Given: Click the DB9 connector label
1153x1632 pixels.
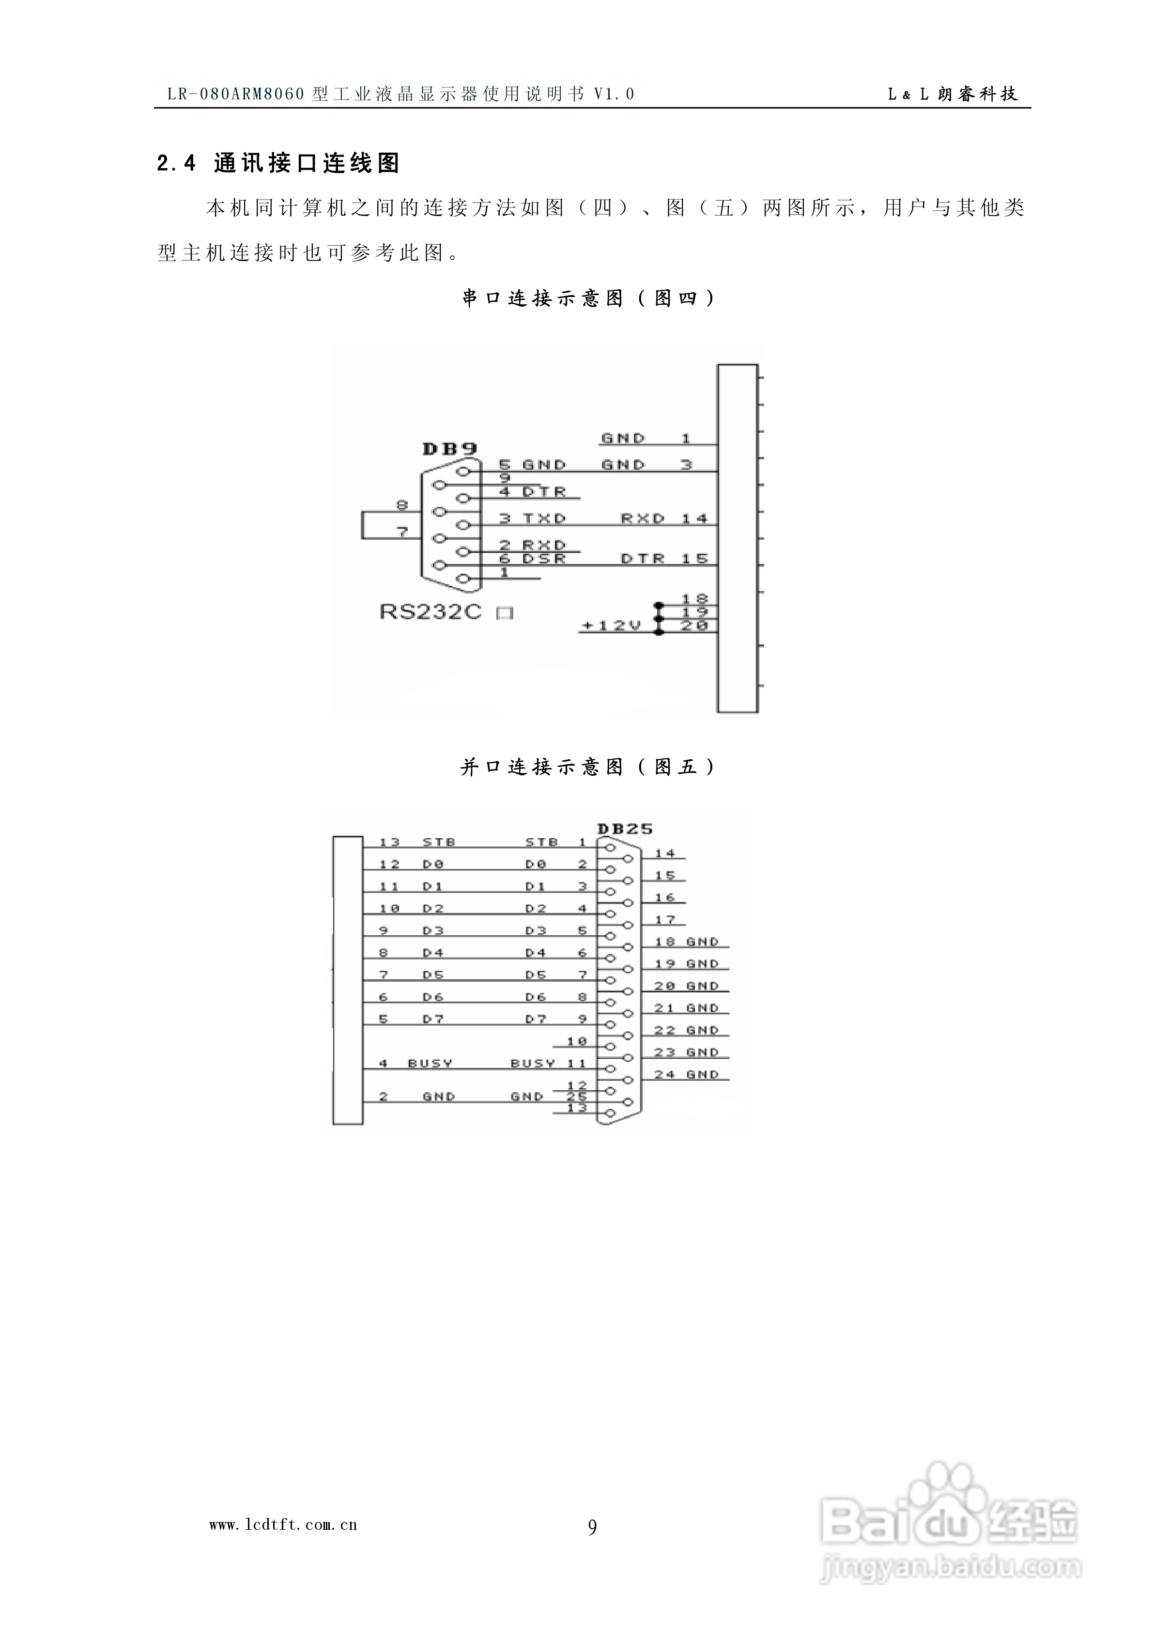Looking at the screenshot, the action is point(449,449).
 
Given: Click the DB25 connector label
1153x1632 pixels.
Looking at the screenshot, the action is point(625,828).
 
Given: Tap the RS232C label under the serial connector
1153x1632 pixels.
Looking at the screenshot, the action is point(430,612).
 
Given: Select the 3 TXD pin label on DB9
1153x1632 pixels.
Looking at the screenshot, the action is point(532,518).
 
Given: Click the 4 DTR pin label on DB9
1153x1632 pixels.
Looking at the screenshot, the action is point(532,491).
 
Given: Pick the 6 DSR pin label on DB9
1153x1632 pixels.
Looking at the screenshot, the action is point(532,559).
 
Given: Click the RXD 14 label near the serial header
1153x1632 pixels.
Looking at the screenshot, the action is point(664,518).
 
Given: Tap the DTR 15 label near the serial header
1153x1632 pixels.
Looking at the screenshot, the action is point(664,559).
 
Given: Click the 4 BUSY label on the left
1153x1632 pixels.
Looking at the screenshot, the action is point(415,1063).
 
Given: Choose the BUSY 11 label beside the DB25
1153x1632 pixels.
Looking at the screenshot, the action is point(548,1063).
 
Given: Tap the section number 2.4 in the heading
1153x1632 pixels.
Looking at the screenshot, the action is point(176,164).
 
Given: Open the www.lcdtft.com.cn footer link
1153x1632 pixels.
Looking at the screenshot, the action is point(283,1524).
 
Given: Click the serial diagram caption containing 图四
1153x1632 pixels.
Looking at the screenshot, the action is point(588,298).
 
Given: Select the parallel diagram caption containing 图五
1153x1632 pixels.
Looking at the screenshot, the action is point(588,766).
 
